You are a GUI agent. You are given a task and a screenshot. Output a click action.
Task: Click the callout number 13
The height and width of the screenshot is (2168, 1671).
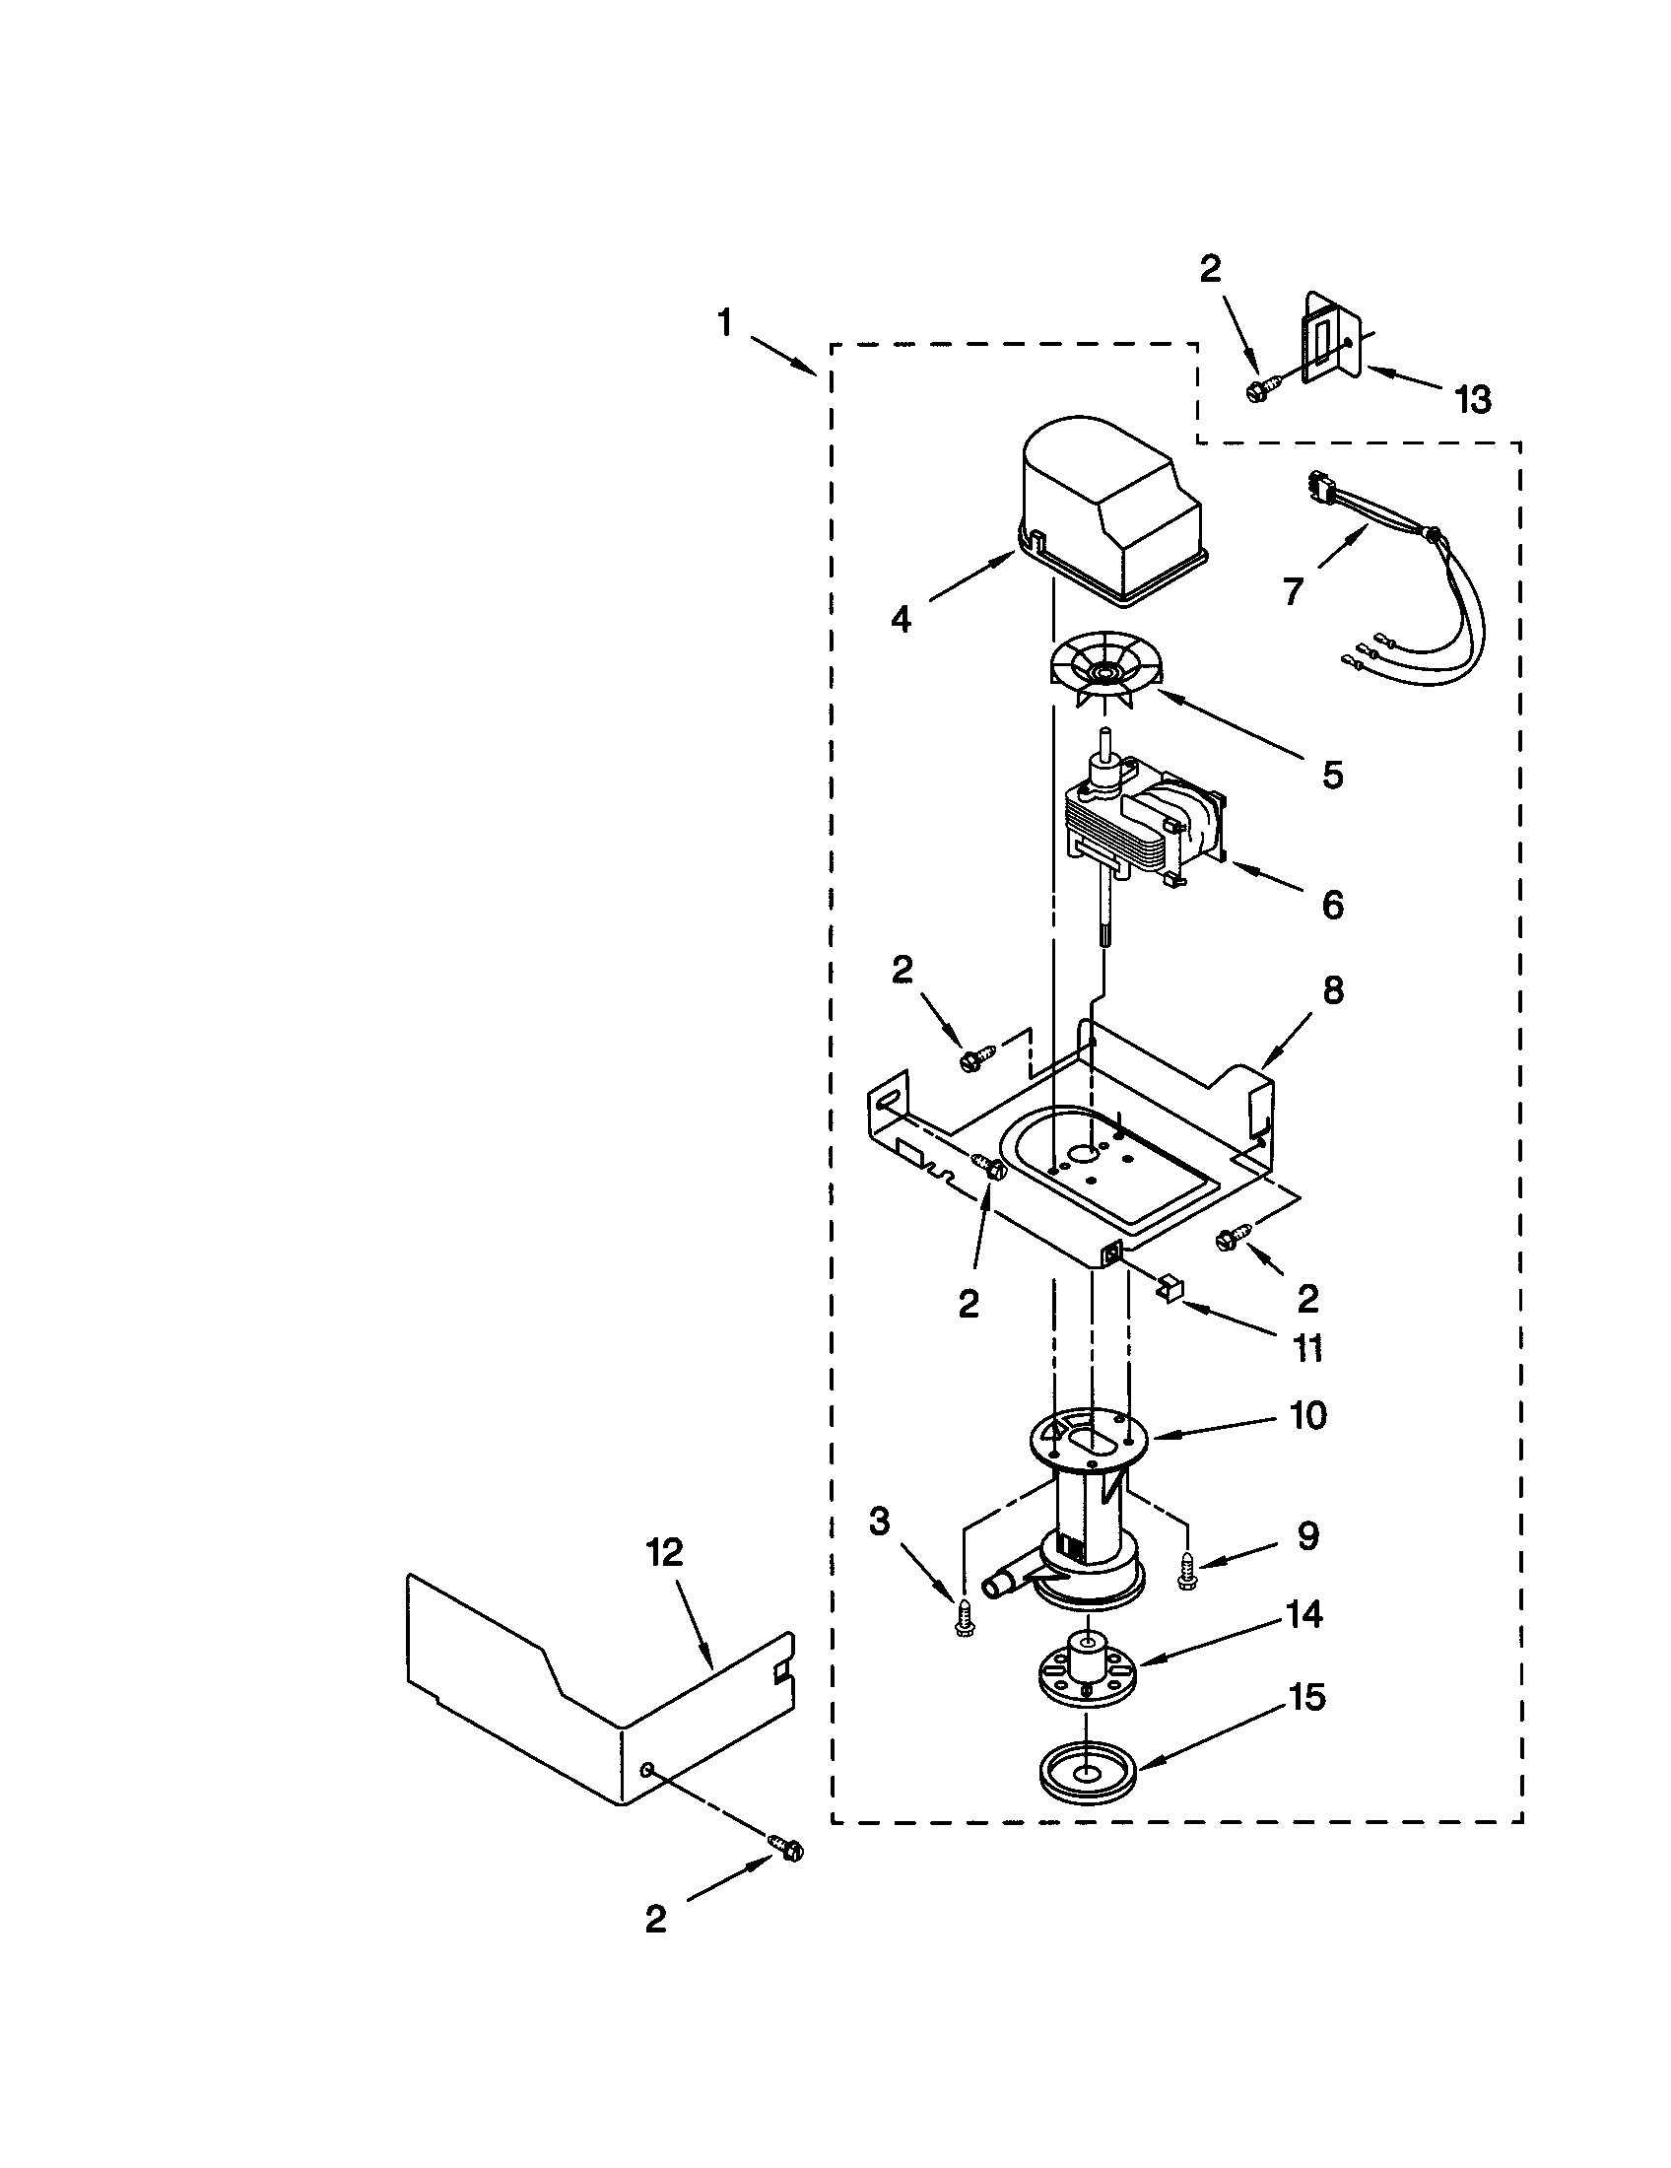click(1473, 400)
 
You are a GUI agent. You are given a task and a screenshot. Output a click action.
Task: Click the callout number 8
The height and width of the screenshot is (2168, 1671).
click(1333, 989)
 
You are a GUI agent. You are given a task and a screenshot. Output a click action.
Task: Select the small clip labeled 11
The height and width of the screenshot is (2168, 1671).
click(1171, 1289)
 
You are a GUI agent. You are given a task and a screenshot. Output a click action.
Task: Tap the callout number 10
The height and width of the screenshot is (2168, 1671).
click(1308, 1416)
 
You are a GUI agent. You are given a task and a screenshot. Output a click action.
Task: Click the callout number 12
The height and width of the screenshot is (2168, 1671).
click(665, 1553)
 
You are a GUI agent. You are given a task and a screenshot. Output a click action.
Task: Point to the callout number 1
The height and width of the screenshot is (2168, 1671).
click(726, 322)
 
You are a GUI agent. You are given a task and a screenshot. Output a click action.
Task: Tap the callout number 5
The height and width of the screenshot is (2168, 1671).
click(1333, 776)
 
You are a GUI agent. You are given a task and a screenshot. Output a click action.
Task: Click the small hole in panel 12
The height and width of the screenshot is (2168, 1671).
click(646, 1770)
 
